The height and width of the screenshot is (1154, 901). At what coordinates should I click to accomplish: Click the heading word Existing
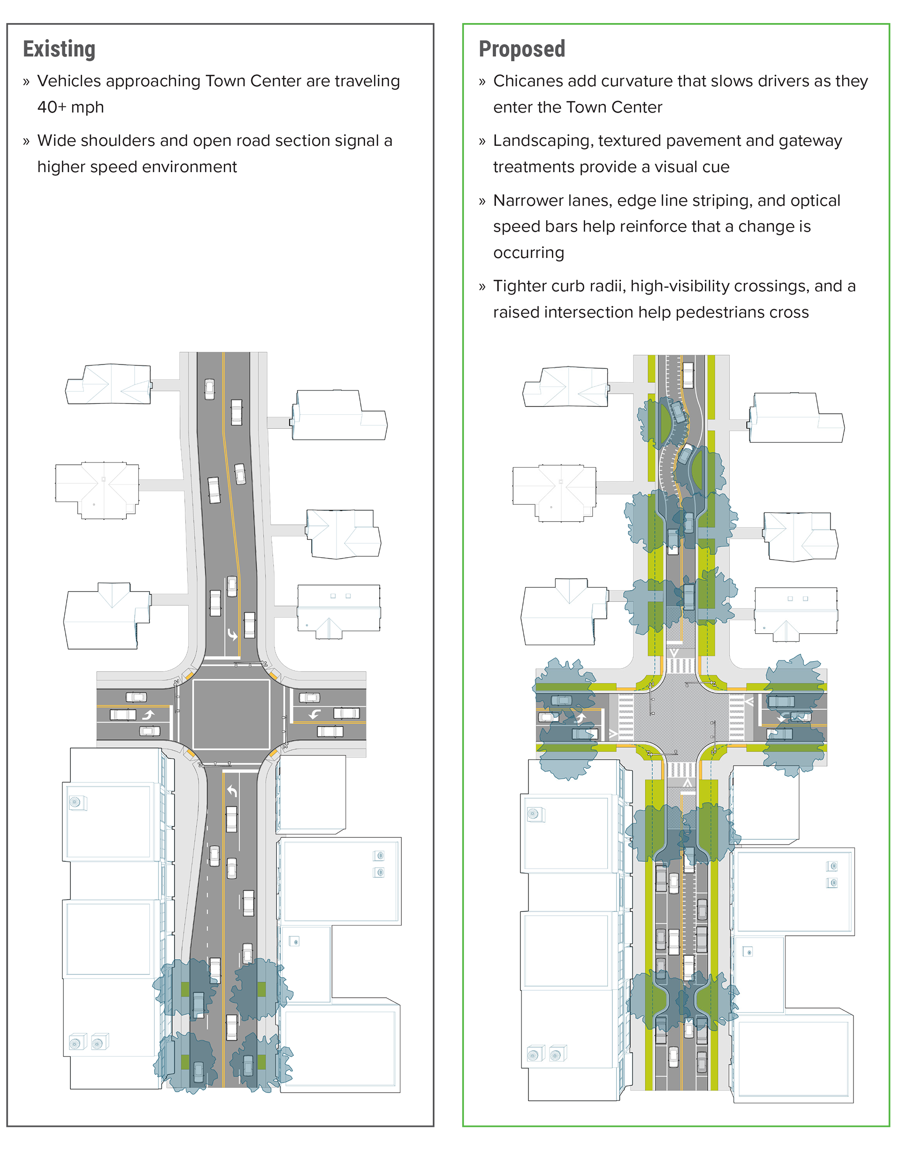click(x=59, y=49)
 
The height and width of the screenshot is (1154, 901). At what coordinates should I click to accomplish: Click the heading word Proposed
click(x=521, y=49)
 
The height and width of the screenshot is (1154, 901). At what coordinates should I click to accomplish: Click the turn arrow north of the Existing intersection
click(x=232, y=634)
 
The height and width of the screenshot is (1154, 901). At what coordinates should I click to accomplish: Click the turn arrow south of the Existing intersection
click(x=232, y=791)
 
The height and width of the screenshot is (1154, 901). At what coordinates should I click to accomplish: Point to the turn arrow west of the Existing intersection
click(x=148, y=715)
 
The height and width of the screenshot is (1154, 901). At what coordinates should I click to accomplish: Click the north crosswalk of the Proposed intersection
click(x=680, y=665)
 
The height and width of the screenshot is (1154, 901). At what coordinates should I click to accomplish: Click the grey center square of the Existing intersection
click(x=231, y=714)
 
